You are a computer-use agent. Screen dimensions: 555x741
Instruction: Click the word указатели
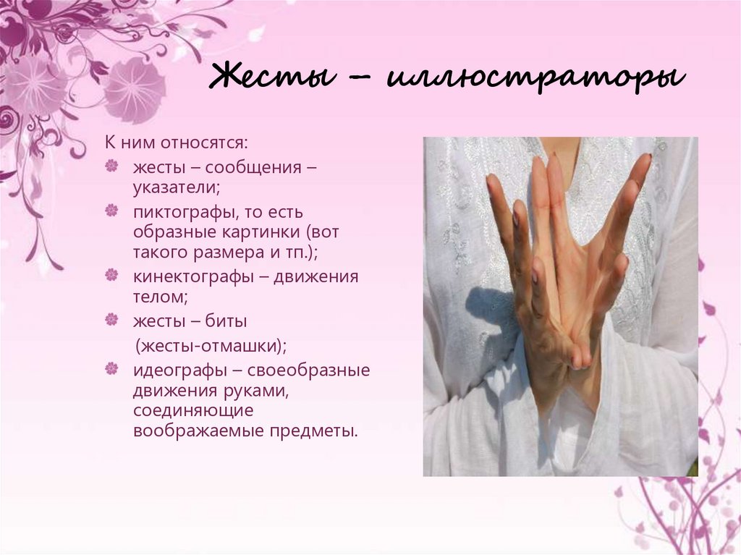tap(175, 188)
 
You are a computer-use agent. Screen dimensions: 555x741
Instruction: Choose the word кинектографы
tap(184, 277)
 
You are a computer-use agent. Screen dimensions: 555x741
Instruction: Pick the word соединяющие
tap(192, 411)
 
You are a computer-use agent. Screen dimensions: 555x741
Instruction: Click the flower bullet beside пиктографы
tap(111, 211)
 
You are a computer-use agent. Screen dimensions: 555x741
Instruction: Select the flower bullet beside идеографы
tap(111, 369)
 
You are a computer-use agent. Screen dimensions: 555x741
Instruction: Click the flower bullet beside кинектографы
tap(111, 276)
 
